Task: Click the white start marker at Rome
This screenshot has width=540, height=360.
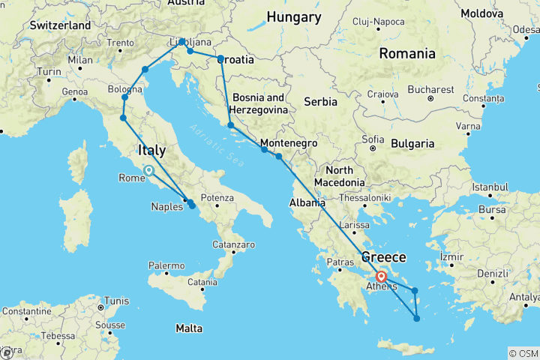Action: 148,171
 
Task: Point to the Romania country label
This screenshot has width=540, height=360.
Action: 407,53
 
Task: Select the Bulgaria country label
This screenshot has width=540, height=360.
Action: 406,142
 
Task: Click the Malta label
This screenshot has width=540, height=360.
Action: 188,328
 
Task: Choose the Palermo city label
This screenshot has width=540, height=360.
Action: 166,265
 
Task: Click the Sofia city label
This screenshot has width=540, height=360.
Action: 374,138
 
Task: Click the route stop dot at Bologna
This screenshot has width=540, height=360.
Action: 125,97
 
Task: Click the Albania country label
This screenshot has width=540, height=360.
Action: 307,202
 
